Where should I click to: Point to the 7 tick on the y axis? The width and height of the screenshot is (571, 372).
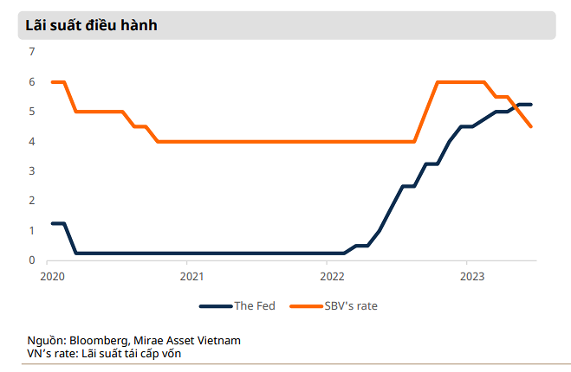click(32, 52)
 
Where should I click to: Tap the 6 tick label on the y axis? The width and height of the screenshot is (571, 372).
click(32, 82)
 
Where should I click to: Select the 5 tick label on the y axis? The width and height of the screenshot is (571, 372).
click(32, 112)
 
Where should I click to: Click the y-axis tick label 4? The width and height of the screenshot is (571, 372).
click(32, 141)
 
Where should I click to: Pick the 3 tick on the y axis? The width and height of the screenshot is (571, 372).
click(32, 171)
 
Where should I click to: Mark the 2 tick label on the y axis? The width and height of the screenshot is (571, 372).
click(32, 201)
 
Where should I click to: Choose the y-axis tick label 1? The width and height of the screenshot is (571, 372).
click(32, 230)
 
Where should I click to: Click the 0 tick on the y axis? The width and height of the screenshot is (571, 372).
click(32, 260)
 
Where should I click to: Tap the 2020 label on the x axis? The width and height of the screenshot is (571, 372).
click(52, 277)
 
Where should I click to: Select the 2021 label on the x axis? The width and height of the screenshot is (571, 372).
click(191, 277)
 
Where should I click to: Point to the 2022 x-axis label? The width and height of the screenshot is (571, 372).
click(332, 277)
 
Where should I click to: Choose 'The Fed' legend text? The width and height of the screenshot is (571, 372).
click(255, 305)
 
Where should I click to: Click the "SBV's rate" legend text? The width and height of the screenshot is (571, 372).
click(350, 305)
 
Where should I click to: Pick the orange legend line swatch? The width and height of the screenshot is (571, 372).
click(305, 305)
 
